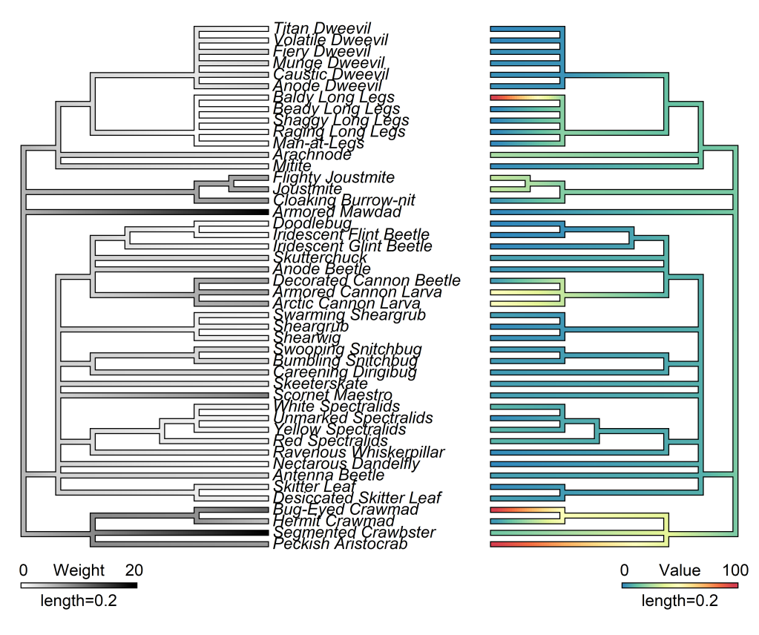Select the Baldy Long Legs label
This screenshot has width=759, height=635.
(x=334, y=98)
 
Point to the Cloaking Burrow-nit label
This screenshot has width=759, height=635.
(x=344, y=200)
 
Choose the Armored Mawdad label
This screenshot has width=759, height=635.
(x=338, y=212)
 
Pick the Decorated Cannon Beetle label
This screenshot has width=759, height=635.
(x=367, y=281)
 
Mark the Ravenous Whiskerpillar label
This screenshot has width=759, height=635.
(x=359, y=453)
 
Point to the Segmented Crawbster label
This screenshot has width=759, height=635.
(x=355, y=533)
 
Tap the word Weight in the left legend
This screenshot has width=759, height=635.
(x=77, y=570)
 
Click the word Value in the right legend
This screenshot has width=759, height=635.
(x=680, y=570)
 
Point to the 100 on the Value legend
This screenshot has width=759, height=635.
(x=735, y=570)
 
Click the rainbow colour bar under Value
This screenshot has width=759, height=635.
(x=680, y=585)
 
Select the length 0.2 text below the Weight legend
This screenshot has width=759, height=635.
(x=78, y=601)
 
